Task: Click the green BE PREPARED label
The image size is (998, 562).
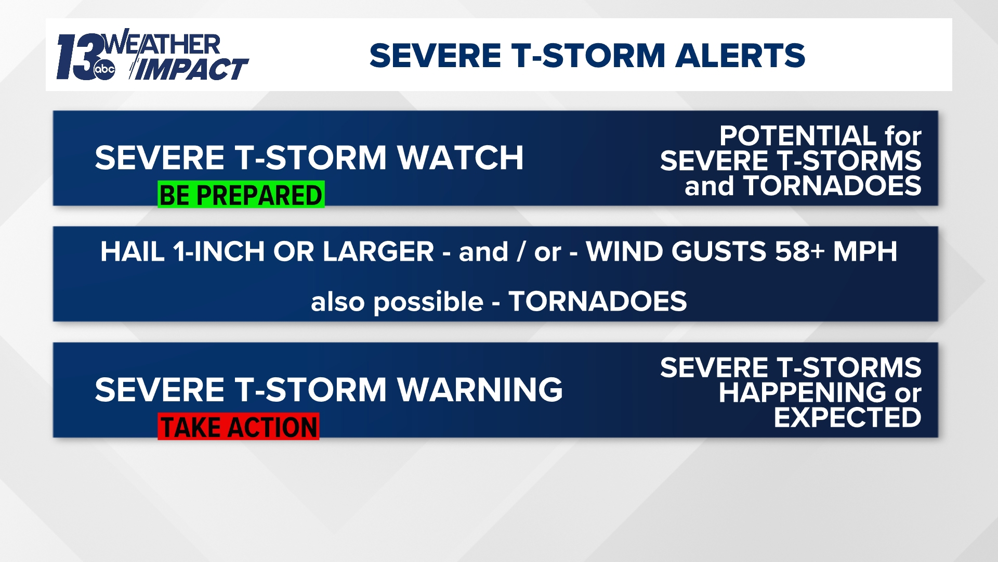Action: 241,195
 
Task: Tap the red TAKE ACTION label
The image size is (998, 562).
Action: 239,427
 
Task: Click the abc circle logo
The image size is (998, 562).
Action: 104,69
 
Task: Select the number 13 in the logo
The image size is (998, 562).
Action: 78,57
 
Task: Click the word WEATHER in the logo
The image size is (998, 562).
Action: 163,44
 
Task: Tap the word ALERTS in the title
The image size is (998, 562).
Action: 740,56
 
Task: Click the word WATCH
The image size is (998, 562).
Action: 460,158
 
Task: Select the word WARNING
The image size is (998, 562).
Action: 480,390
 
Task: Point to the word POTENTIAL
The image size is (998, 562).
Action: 798,136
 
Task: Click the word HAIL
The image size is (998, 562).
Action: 133,252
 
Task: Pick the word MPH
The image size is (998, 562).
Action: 865,252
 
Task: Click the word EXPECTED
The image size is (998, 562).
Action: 847,417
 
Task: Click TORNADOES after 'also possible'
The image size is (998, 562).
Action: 598,301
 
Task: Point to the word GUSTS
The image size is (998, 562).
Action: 718,252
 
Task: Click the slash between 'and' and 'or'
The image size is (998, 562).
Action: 521,252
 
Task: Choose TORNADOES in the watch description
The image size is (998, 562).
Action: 832,186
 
